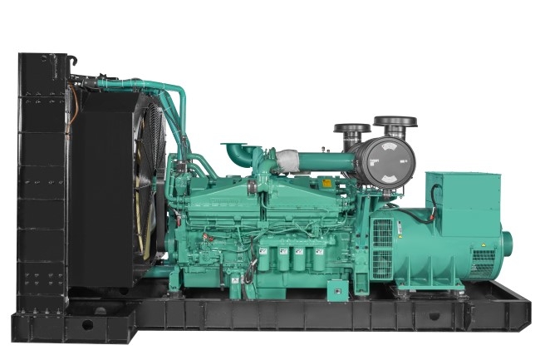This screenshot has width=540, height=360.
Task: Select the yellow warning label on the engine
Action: coord(326,183)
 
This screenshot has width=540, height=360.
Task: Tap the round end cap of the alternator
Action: coord(505,243)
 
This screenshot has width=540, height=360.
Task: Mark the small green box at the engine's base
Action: coord(336,291)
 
